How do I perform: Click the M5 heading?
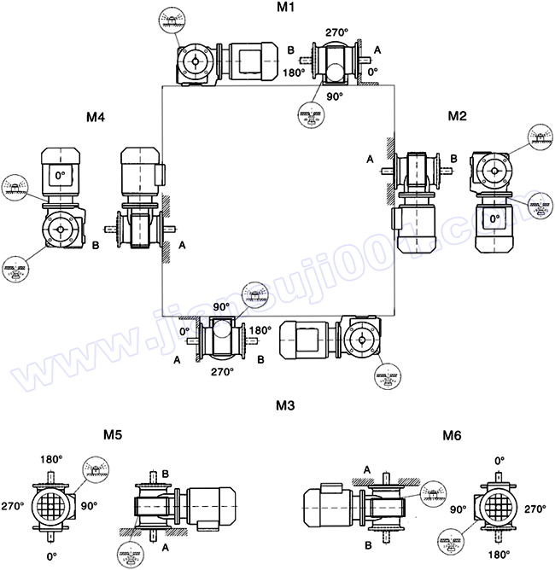112,435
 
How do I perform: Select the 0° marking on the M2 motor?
494,218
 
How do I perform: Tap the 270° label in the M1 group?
336,32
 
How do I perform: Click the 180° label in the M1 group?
295,73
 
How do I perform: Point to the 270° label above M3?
222,372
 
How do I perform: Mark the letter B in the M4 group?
96,245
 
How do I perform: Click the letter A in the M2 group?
370,159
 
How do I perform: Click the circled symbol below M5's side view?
129,560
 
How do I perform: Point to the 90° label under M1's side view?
335,96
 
